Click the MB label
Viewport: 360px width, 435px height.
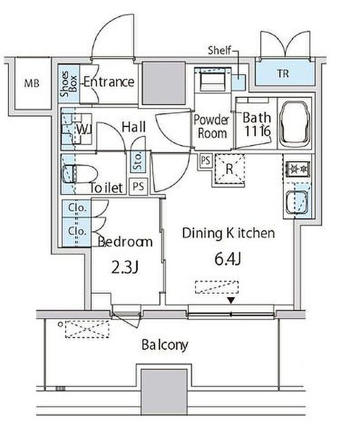click(32, 83)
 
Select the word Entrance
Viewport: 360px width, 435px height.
click(109, 82)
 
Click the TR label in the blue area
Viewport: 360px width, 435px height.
click(282, 74)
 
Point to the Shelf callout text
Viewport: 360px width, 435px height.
click(220, 50)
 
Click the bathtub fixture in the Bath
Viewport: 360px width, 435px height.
click(294, 123)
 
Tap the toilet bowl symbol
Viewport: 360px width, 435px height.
click(79, 174)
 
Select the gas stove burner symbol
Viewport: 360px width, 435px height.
click(298, 169)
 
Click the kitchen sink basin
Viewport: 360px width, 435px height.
click(296, 202)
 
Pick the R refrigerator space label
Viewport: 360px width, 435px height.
click(229, 169)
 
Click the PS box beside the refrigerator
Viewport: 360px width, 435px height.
click(205, 160)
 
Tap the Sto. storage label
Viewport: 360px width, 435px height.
click(138, 161)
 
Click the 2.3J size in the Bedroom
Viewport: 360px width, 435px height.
click(124, 268)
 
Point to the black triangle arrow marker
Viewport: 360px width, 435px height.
click(231, 300)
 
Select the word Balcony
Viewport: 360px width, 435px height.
click(165, 345)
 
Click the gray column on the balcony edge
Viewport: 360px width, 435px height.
click(164, 391)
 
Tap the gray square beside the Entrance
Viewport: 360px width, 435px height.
click(164, 83)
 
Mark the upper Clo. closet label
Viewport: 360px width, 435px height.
click(78, 208)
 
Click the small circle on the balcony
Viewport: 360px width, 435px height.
click(60, 324)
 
